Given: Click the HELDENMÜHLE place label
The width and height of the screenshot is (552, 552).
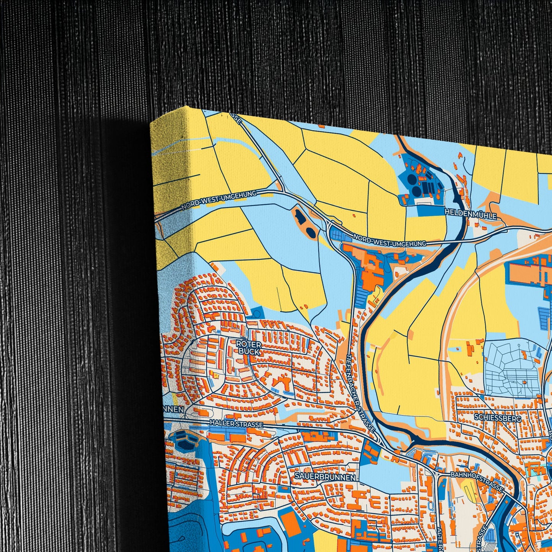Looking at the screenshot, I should click(x=471, y=215).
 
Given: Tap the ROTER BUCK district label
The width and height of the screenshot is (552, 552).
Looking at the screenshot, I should click(x=249, y=348).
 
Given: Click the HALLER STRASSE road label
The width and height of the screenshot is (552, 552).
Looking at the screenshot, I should click(x=236, y=424).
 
